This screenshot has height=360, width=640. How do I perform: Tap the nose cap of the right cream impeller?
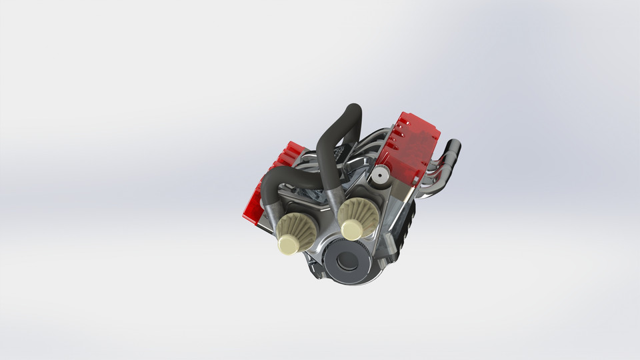(x=351, y=229)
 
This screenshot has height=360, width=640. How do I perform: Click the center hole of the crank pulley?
(x=347, y=261)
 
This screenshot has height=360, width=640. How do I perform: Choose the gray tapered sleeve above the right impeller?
(x=337, y=197)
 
